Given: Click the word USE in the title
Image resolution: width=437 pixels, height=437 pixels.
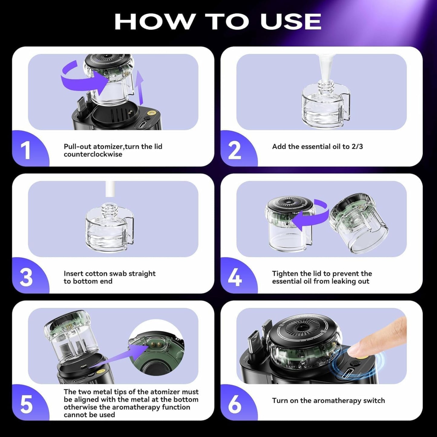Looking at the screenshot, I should point(290,22).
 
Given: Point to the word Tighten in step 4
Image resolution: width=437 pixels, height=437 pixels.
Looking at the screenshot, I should point(286,274).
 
